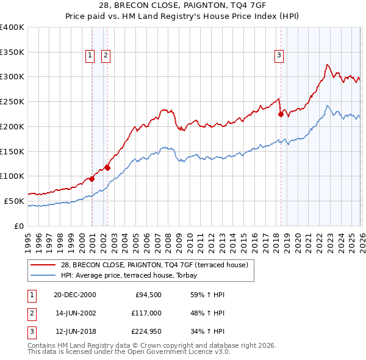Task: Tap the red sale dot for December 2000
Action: pos(92,179)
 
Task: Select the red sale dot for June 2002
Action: pos(107,167)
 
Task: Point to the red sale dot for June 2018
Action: pos(281,113)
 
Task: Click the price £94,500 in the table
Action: pos(147,294)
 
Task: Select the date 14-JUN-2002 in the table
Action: pos(75,312)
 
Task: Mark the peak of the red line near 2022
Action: pos(327,64)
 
